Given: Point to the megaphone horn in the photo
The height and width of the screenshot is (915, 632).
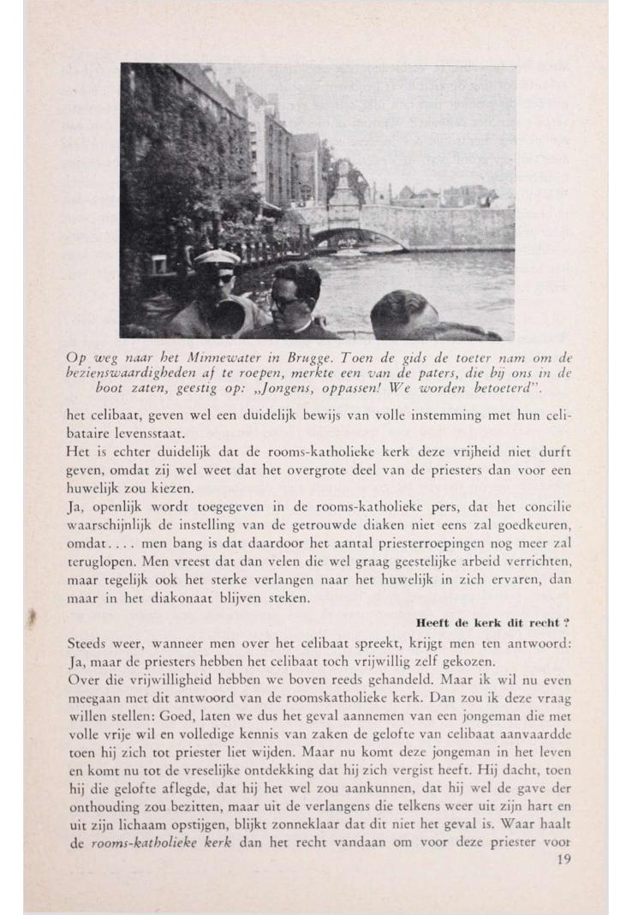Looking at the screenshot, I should tap(229, 314).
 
